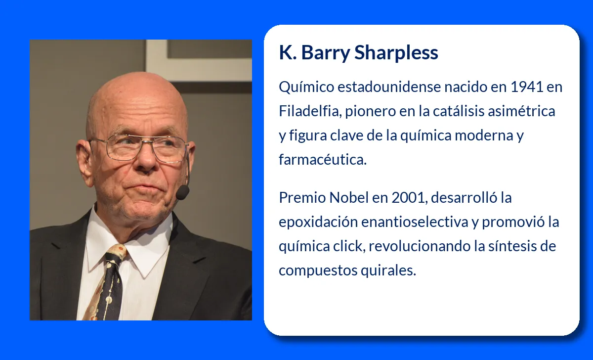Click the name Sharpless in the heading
click(396, 52)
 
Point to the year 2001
click(410, 198)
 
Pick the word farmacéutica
click(322, 160)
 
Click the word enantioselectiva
click(415, 222)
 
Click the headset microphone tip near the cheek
click(182, 192)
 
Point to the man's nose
click(143, 166)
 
